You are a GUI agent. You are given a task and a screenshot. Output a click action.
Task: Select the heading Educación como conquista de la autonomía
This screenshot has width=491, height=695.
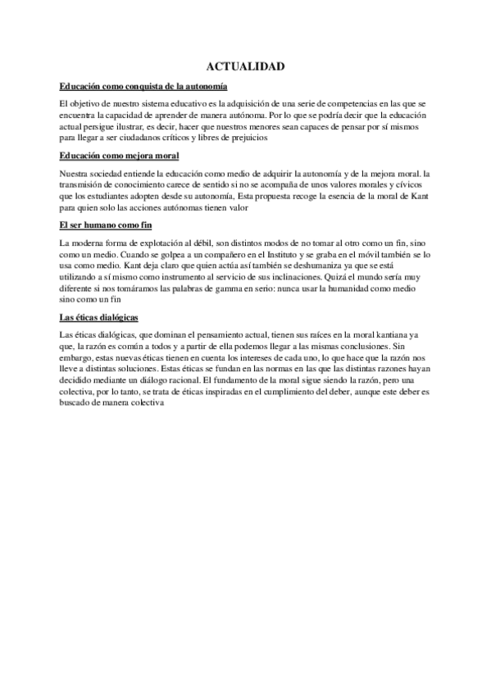pyautogui.click(x=143, y=86)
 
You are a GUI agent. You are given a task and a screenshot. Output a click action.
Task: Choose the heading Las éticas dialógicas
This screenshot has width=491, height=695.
pyautogui.click(x=99, y=316)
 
